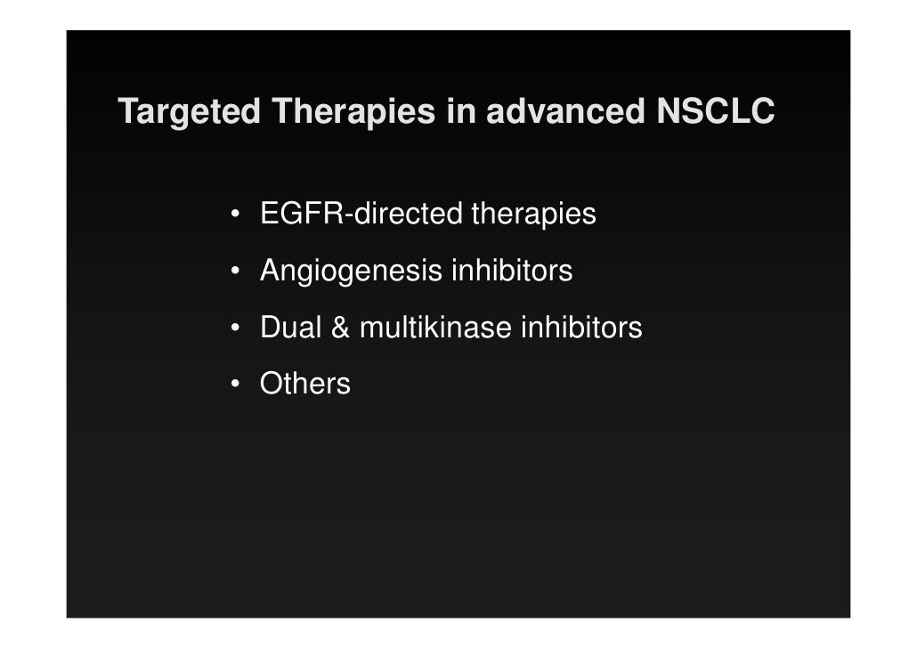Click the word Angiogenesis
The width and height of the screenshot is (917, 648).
click(352, 271)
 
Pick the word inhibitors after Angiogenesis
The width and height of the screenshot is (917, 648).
click(512, 271)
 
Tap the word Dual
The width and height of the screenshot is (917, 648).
click(291, 328)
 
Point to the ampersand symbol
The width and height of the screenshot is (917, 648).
click(341, 328)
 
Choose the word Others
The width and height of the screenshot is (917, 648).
click(304, 385)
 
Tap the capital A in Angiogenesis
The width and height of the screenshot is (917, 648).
click(268, 271)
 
